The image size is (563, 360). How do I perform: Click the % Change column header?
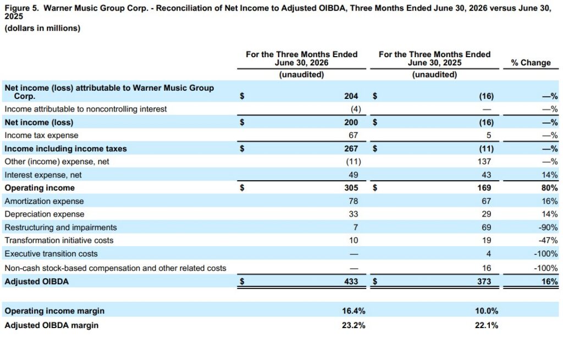click(x=531, y=63)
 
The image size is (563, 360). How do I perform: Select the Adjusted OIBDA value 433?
click(x=351, y=281)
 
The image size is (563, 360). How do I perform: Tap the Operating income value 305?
click(x=351, y=188)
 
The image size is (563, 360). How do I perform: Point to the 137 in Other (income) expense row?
click(x=484, y=162)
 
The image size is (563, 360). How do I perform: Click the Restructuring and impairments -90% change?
click(x=548, y=228)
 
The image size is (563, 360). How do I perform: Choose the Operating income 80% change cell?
click(x=550, y=188)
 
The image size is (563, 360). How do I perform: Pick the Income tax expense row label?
click(x=41, y=135)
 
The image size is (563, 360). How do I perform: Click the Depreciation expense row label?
click(x=45, y=214)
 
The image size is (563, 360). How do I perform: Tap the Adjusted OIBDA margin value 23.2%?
click(x=354, y=325)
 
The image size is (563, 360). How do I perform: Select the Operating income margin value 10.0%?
click(x=487, y=311)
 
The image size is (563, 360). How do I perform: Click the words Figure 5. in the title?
click(x=21, y=8)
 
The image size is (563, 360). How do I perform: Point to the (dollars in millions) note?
click(x=42, y=28)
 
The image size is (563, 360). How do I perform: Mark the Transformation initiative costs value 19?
click(x=486, y=241)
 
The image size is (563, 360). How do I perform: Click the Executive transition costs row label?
click(x=51, y=254)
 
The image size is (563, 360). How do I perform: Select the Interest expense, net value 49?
click(x=354, y=175)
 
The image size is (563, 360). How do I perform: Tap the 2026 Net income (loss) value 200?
click(x=351, y=123)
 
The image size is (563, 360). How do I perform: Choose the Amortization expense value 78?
click(x=354, y=201)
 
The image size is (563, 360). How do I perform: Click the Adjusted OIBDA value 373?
click(x=484, y=281)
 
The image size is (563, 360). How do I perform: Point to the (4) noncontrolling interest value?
click(x=356, y=109)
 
